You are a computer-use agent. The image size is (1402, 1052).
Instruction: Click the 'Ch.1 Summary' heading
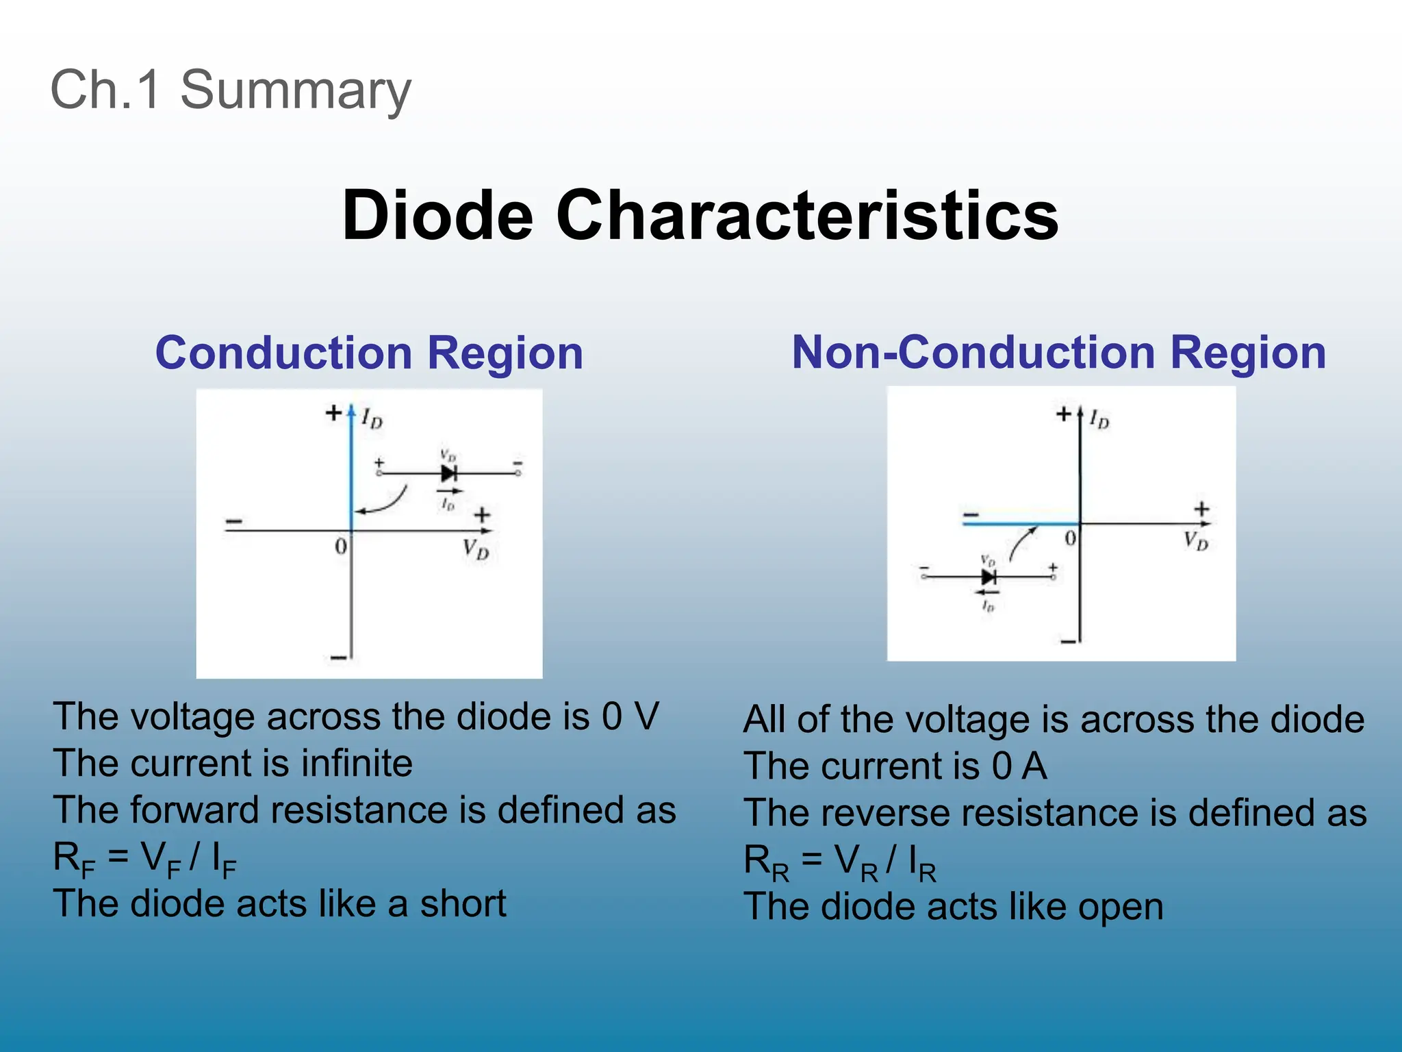[x=231, y=90]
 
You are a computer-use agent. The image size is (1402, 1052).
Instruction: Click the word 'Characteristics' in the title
[x=807, y=215]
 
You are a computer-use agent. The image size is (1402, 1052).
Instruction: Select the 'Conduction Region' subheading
[x=369, y=353]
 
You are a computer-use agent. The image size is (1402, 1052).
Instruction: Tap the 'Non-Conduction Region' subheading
[x=1058, y=353]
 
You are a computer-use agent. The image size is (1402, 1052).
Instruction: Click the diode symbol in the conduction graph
[x=449, y=473]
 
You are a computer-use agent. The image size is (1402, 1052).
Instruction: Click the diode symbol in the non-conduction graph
[x=989, y=577]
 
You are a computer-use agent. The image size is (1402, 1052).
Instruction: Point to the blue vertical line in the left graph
[x=351, y=466]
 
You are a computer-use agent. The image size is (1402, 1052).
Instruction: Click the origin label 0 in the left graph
[x=340, y=547]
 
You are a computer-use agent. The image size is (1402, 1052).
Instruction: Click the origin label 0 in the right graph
[x=1071, y=538]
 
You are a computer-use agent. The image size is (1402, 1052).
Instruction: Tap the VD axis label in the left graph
[x=475, y=549]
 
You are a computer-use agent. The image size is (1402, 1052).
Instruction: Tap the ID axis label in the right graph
[x=1099, y=418]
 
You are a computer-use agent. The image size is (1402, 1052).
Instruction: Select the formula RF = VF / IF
[x=144, y=859]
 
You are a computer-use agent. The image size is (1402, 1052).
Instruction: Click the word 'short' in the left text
[x=463, y=904]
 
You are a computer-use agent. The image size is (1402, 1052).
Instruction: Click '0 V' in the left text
[x=630, y=716]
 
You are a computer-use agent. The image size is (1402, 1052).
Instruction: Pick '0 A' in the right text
[x=1019, y=766]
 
